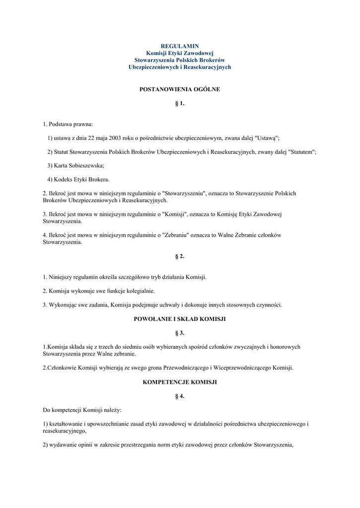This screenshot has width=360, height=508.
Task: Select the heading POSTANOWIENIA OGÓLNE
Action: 180,89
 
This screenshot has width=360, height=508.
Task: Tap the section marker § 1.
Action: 180,103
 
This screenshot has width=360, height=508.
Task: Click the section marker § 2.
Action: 180,256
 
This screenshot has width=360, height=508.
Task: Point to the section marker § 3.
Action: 180,333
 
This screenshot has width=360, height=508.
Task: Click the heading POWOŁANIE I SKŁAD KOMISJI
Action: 180,319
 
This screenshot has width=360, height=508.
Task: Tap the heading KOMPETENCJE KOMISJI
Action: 180,382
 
